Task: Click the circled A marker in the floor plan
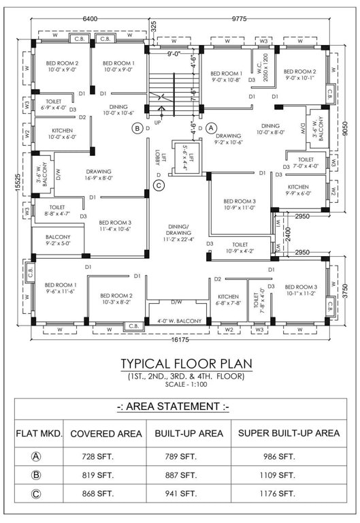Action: pyautogui.click(x=211, y=127)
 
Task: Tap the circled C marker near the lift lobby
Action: pyautogui.click(x=159, y=185)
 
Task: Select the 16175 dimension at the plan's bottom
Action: pyautogui.click(x=180, y=338)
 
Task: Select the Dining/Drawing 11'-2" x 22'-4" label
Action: pyautogui.click(x=178, y=235)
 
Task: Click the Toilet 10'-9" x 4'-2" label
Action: pyautogui.click(x=240, y=248)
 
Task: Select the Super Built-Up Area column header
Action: pyautogui.click(x=286, y=433)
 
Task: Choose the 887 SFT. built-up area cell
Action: pyautogui.click(x=182, y=474)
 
